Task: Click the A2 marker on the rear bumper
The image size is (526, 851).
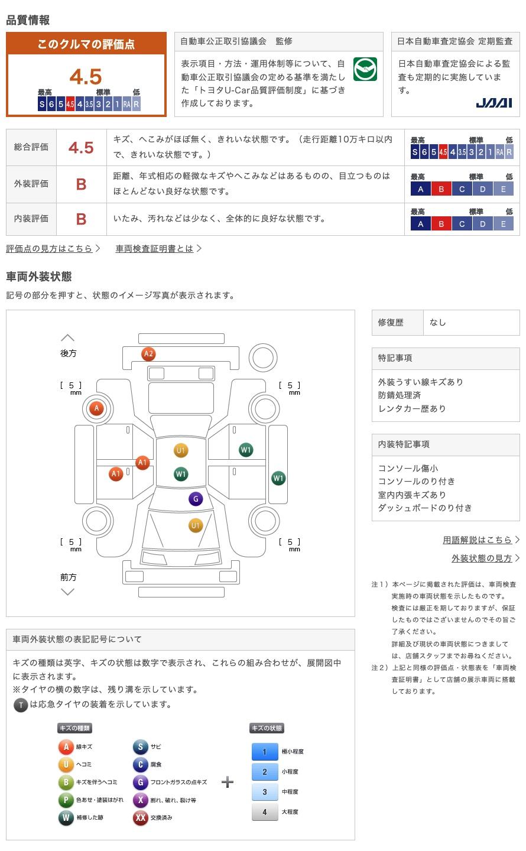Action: click(148, 354)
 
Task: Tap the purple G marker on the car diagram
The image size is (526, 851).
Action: click(196, 499)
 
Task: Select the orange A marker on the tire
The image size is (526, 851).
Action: click(96, 408)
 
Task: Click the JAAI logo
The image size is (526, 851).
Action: click(493, 103)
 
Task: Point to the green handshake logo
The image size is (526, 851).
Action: click(365, 69)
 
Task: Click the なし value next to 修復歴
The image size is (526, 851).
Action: click(437, 323)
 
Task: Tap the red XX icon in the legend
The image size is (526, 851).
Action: click(140, 818)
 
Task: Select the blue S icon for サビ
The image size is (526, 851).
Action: click(140, 746)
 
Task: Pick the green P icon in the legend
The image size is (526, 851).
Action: click(66, 800)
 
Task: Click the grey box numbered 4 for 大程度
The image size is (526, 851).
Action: click(265, 812)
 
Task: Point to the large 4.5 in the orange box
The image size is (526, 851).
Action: click(86, 76)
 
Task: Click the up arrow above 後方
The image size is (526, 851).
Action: click(67, 338)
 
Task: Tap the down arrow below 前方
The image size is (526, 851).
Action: click(67, 592)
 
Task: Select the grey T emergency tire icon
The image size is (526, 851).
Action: click(21, 704)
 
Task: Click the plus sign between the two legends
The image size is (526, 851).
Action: click(228, 782)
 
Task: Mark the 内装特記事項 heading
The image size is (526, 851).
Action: click(404, 444)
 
